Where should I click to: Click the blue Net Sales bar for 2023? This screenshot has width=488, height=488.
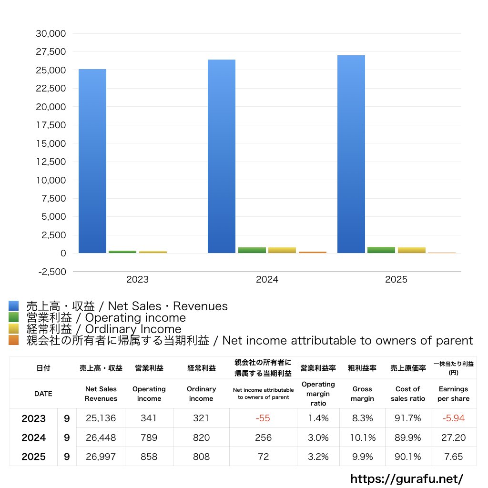[x=92, y=161]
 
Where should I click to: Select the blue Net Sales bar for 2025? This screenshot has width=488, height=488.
[x=351, y=154]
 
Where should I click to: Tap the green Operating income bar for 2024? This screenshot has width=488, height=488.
[x=252, y=250]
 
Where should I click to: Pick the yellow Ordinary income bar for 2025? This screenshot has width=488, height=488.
[x=412, y=250]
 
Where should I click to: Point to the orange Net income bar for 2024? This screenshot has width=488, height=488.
[x=313, y=252]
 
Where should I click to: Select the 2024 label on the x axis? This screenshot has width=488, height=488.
[x=267, y=280]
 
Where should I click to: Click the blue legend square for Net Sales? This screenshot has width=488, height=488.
[x=13, y=306]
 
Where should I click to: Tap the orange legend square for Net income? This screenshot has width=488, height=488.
[x=13, y=340]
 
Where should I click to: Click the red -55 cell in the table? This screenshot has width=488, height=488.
[x=263, y=418]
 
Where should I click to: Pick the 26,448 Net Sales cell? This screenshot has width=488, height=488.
[x=101, y=437]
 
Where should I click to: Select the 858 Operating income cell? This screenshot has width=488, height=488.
[x=149, y=457]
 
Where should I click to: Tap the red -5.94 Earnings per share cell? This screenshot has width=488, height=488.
[x=453, y=418]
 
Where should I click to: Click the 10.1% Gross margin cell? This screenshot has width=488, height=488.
[x=362, y=437]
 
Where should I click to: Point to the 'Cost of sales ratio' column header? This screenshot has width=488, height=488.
[x=407, y=394]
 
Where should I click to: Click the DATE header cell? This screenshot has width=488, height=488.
[x=43, y=394]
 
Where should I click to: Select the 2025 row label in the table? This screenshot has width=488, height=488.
[x=33, y=457]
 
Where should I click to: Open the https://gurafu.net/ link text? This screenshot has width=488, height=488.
[x=407, y=478]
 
